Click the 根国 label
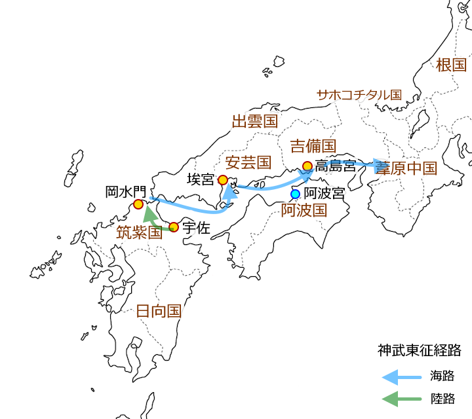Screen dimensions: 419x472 pyautogui.click(x=451, y=65)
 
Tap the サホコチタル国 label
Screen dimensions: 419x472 pyautogui.click(x=358, y=95)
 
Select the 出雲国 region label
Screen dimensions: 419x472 pyautogui.click(x=255, y=121)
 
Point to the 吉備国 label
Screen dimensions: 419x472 pyautogui.click(x=313, y=145)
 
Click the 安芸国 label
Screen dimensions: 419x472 pyautogui.click(x=248, y=162)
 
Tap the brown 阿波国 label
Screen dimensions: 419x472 pyautogui.click(x=304, y=210)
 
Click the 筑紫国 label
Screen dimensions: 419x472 pyautogui.click(x=139, y=232)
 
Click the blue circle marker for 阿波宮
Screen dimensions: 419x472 pyautogui.click(x=295, y=194)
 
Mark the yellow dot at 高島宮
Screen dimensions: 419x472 pyautogui.click(x=307, y=166)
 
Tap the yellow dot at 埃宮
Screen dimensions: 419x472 pyautogui.click(x=223, y=179)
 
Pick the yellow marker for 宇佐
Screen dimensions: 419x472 pyautogui.click(x=174, y=227)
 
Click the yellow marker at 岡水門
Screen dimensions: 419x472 pyautogui.click(x=138, y=204)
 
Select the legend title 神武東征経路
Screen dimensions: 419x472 pyautogui.click(x=420, y=350)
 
